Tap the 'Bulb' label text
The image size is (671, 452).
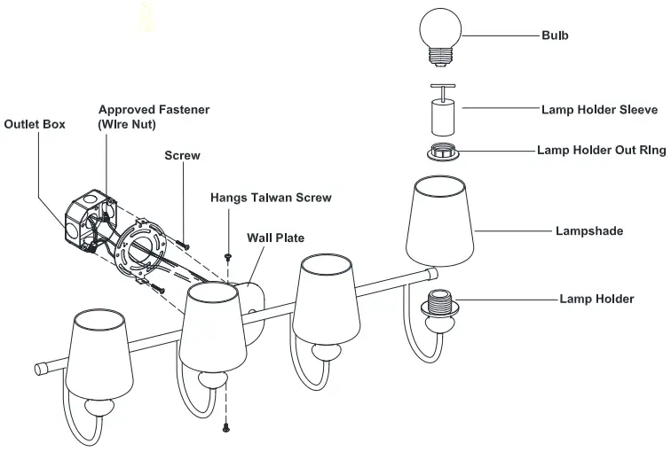[x=555, y=36]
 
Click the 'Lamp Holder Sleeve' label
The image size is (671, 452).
[x=599, y=111]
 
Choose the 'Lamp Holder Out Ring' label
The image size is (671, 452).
[x=601, y=151]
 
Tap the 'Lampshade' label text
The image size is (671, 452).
[x=589, y=231]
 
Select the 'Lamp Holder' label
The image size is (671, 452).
[x=596, y=299]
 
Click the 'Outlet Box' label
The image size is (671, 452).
[x=35, y=124]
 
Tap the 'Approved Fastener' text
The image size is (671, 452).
[x=154, y=109]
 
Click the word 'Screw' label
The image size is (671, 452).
[x=183, y=156]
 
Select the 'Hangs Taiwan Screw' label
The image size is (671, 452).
[x=271, y=197]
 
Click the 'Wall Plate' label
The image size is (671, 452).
[x=276, y=238]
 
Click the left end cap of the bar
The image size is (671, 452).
[x=41, y=368]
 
